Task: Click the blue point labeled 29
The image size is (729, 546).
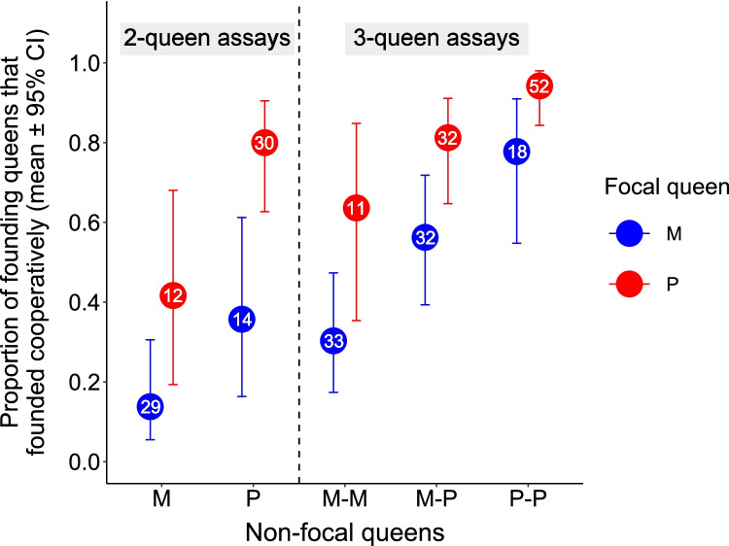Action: (150, 407)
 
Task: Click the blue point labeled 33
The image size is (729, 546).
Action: (333, 342)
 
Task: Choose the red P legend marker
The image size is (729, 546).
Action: (629, 283)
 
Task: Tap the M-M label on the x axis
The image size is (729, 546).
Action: (344, 499)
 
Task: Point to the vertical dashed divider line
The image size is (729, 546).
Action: (298, 243)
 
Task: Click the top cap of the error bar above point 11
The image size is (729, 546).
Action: (356, 123)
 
